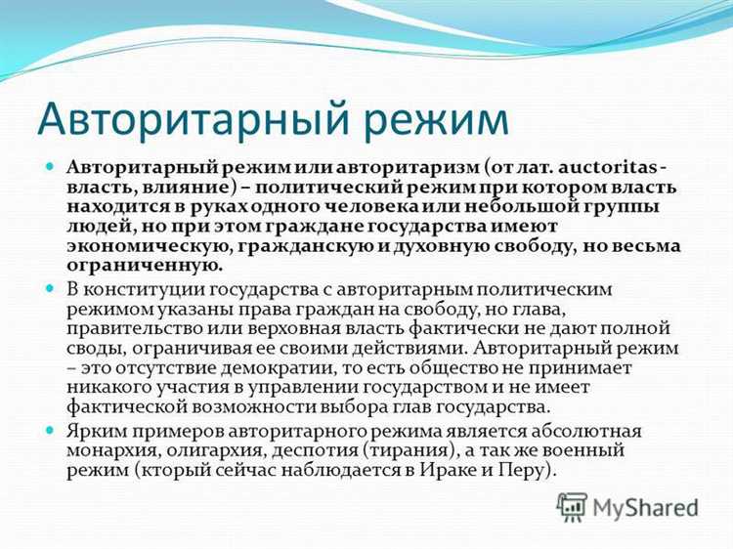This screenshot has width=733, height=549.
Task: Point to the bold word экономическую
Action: click(x=137, y=248)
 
